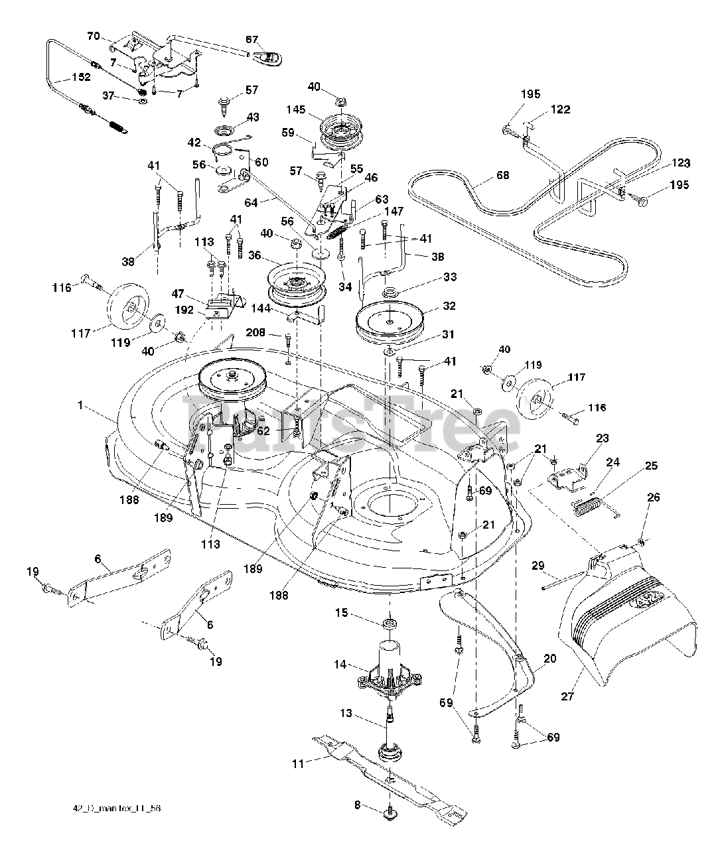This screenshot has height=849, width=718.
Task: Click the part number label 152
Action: click(81, 78)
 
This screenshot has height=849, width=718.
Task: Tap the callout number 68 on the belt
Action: click(503, 176)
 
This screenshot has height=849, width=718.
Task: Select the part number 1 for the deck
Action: click(80, 405)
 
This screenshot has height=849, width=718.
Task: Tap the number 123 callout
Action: click(680, 163)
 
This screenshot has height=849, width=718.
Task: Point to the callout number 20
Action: click(549, 659)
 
